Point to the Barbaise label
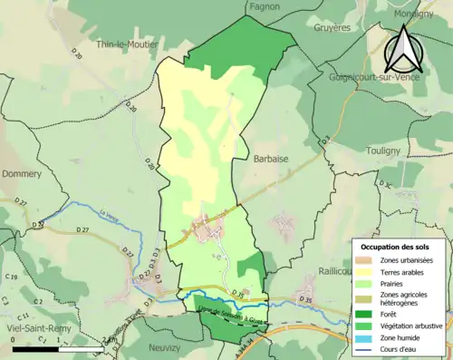pos(271,158)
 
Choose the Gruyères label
pos(333,28)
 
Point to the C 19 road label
pos(11,276)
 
